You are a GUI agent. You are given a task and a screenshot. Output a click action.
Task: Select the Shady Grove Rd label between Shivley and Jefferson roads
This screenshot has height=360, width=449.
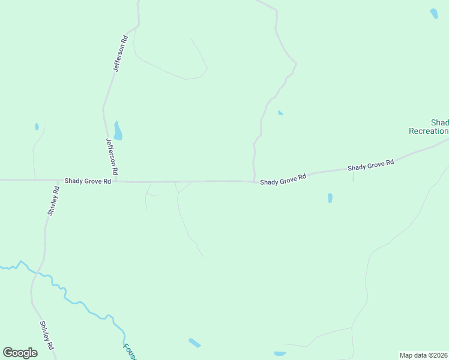[x=88, y=181]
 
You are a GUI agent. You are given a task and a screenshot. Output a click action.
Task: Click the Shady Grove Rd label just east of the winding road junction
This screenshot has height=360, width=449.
[x=283, y=179]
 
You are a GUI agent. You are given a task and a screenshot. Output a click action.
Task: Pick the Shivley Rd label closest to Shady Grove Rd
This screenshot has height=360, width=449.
[x=53, y=201]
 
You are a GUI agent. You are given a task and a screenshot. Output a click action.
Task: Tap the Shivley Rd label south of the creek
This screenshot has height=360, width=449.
[x=47, y=336]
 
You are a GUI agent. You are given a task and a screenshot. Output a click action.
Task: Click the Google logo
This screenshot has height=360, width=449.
[x=20, y=353]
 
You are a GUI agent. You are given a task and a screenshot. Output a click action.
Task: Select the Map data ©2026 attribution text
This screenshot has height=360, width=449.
[x=424, y=355]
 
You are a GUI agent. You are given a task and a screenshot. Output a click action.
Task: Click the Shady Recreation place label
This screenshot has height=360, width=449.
[x=430, y=127]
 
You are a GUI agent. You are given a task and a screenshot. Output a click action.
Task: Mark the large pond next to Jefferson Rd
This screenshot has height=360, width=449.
[x=118, y=131]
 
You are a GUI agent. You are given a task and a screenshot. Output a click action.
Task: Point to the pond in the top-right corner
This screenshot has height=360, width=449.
[x=434, y=13]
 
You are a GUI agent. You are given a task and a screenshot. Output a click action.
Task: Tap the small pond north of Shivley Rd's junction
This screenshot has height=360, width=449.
[x=37, y=127]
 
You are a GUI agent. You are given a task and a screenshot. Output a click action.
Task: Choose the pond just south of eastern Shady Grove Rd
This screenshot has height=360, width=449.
[x=330, y=197]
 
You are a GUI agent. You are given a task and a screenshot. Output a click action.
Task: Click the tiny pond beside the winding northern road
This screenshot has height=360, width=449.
[x=280, y=113]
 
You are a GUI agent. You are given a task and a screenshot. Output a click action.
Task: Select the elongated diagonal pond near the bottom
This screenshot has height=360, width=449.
[x=194, y=343]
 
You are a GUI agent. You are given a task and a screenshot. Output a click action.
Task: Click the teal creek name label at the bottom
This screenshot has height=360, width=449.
[x=130, y=351]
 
